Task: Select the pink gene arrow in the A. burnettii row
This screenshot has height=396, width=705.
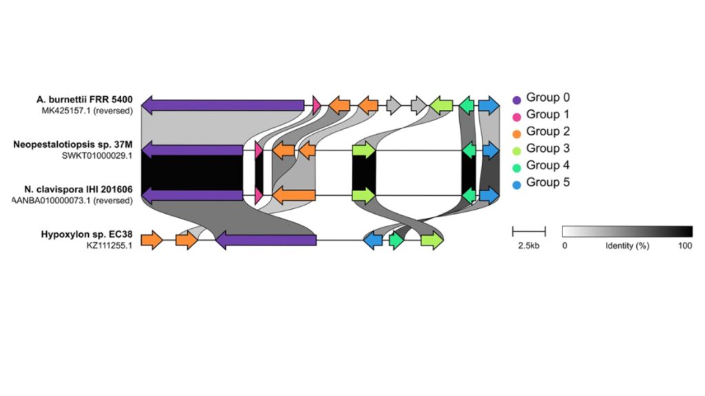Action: coord(317,105)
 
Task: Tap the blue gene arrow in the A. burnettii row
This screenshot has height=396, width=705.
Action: coord(489,105)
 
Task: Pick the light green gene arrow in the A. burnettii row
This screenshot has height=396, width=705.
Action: coord(441,105)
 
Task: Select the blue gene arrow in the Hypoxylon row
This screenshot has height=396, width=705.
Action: coord(373,240)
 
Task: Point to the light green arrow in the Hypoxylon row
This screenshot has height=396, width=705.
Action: coord(432,240)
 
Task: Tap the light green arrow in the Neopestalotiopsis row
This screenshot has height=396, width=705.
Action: coord(364,150)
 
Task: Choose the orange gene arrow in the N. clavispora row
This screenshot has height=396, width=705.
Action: coord(294,195)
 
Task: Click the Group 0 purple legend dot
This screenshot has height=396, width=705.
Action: coord(516,99)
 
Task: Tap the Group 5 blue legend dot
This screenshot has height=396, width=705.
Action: coord(516,184)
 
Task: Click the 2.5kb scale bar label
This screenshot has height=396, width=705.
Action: coord(529,245)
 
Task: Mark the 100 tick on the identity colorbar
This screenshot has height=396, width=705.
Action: coord(684,245)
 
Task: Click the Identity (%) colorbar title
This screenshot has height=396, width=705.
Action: coord(627,245)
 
